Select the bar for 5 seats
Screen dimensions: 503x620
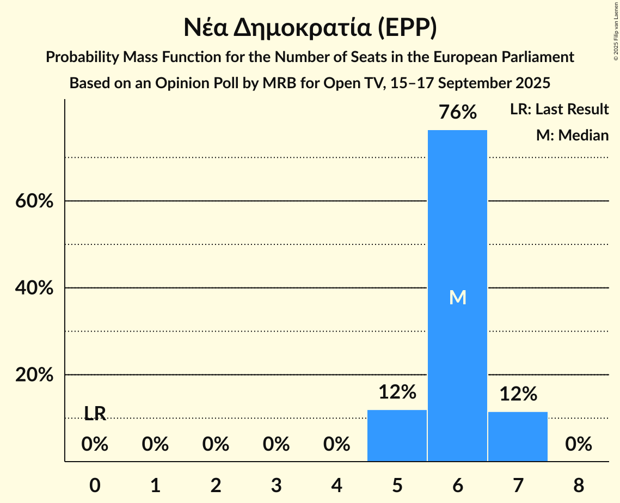point(397,435)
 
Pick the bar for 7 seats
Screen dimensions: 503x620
point(518,437)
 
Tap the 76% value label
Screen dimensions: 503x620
point(457,113)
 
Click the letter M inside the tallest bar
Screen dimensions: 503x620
point(458,297)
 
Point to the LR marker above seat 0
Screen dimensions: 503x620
point(95,414)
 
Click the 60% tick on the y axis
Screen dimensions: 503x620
point(34,201)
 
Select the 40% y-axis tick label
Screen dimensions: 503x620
point(34,288)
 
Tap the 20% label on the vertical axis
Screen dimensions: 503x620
point(34,375)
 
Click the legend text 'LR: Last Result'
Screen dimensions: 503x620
point(559,109)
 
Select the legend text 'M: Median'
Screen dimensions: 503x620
point(572,135)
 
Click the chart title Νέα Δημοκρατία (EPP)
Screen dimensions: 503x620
point(310,28)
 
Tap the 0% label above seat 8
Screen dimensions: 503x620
point(578,445)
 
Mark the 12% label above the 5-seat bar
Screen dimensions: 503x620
point(397,392)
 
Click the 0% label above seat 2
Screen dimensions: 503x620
point(216,445)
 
